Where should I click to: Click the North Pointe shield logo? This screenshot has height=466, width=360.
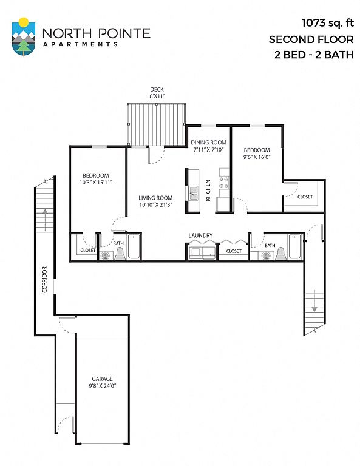pos(24,37)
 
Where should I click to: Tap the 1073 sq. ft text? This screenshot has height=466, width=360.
pos(328,23)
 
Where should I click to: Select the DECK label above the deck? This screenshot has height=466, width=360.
pos(157,89)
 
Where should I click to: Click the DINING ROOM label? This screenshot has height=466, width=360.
pos(208,143)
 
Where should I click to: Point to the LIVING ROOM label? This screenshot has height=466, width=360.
pos(155,198)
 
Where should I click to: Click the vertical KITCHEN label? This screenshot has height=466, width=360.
pos(208,190)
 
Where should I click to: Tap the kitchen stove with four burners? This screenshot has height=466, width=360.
pos(224,183)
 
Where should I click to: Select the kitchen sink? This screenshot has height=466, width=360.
pos(194,193)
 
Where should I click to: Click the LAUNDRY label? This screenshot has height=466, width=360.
pos(201,235)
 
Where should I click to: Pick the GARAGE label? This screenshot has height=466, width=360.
pos(102,379)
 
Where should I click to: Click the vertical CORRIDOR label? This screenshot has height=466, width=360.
pos(44,279)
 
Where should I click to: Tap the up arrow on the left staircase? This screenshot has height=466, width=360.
pos(45,220)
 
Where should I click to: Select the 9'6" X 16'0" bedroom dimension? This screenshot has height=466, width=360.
pos(257,157)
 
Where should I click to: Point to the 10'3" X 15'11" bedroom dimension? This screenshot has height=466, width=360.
pos(96,183)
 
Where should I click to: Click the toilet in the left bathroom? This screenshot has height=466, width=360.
pos(120,254)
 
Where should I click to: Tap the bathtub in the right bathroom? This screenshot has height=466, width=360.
pos(294,247)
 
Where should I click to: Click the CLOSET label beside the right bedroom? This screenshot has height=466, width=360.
pos(305,197)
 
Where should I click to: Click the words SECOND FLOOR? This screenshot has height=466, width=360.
pos(311,39)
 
